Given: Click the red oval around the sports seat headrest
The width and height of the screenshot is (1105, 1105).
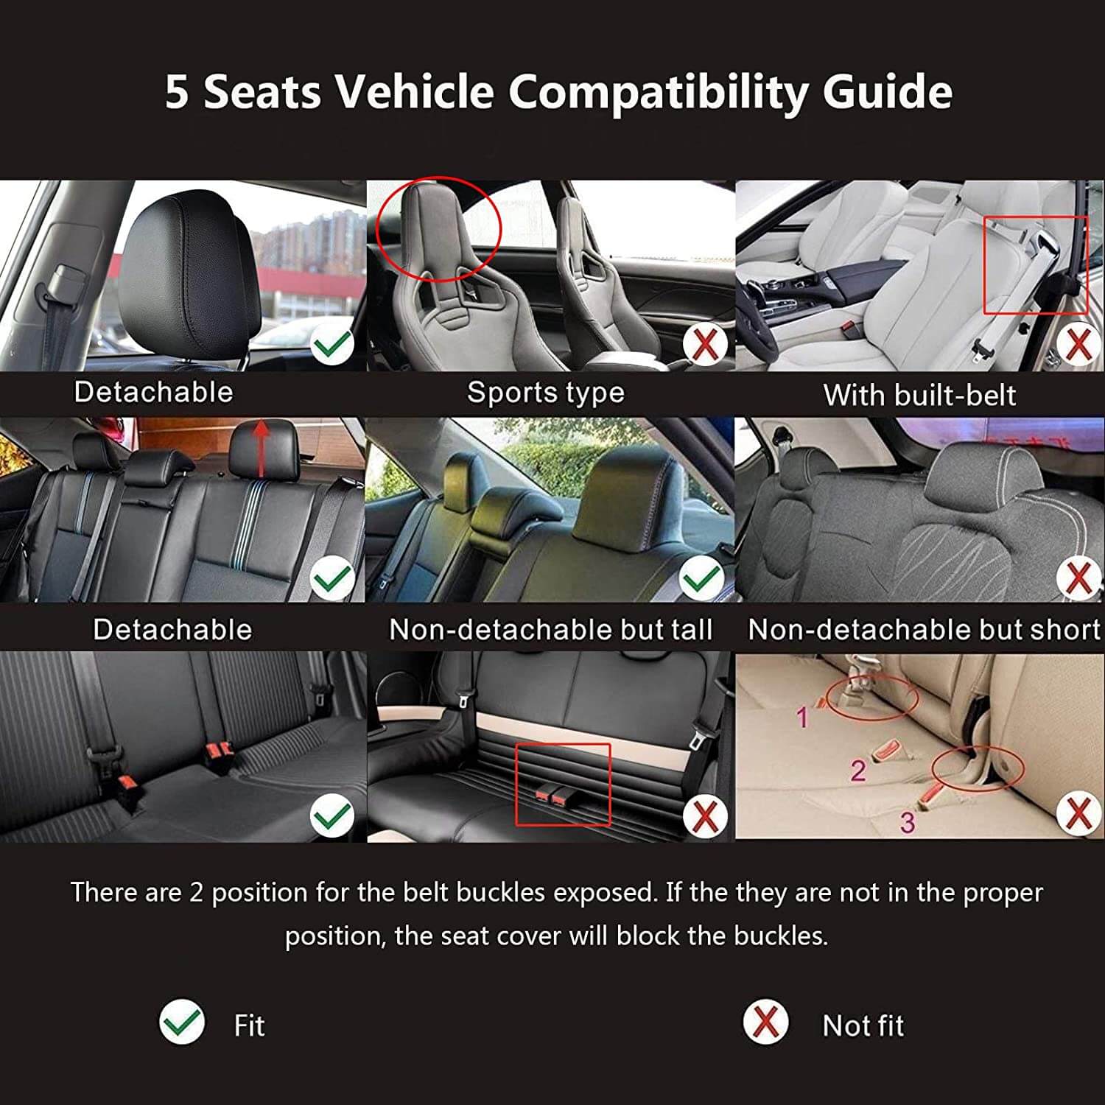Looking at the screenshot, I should point(438,228).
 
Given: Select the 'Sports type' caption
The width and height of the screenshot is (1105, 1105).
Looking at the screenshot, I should point(546,393).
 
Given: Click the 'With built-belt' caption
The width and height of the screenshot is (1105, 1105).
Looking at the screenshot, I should point(919,395).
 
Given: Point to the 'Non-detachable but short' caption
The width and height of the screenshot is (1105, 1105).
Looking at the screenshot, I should point(924,630).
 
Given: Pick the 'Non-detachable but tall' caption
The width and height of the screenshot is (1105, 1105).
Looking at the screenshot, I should point(550,630).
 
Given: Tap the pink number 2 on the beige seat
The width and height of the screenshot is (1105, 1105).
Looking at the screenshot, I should point(858,771).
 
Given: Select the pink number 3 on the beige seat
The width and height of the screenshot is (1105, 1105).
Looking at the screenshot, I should point(908,821).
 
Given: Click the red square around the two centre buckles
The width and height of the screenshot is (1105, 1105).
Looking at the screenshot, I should point(564,785).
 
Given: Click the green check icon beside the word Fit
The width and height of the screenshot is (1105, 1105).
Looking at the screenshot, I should point(182,1022).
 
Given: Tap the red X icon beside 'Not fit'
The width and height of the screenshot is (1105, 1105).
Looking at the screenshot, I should point(765,1022).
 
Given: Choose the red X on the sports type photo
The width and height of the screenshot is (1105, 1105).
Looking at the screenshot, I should point(705,344).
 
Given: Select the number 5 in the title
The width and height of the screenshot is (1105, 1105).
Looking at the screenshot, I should point(177,92).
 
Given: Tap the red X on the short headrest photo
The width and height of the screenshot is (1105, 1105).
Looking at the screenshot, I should point(1078,578).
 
